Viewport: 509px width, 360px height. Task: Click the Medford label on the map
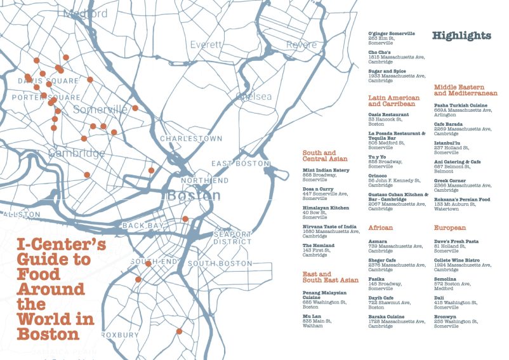click(x=86, y=13)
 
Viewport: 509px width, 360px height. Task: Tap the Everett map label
click(x=206, y=45)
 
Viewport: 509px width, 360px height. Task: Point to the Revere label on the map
click(x=301, y=44)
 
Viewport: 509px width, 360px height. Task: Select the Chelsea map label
click(x=253, y=97)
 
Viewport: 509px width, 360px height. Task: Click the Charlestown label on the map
click(x=191, y=138)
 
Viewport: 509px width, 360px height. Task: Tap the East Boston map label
click(x=241, y=163)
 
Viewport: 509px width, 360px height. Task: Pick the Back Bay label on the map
click(x=143, y=225)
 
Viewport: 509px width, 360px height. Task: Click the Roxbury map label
click(x=119, y=335)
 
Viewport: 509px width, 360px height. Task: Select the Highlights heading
click(x=461, y=36)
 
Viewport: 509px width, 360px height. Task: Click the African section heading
click(x=380, y=227)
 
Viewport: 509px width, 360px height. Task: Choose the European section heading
click(x=450, y=227)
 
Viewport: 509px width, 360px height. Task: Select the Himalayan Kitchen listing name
click(x=326, y=208)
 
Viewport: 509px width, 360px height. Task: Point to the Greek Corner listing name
click(x=449, y=181)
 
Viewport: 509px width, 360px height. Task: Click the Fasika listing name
click(x=376, y=278)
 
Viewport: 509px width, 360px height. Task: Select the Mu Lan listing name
click(x=311, y=316)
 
